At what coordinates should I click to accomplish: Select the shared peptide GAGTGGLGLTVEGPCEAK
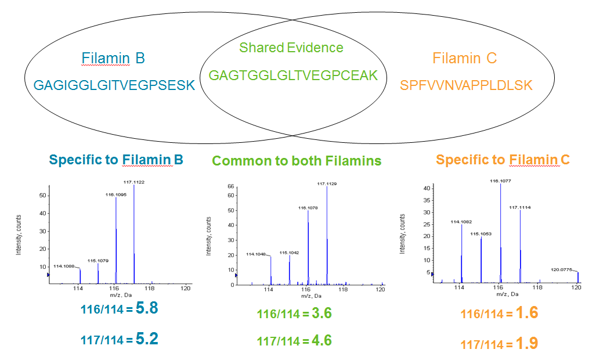tap(293, 75)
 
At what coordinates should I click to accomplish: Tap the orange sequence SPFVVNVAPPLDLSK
tap(466, 85)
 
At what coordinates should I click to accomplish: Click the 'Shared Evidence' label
tap(291, 48)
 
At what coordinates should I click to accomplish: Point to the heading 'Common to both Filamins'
tap(297, 161)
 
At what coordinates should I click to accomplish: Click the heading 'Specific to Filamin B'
tap(116, 160)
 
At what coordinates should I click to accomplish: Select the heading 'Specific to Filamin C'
tap(503, 160)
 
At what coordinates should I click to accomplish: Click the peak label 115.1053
tap(481, 234)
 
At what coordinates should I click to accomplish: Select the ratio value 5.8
tap(146, 308)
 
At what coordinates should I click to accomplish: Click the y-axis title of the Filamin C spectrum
tap(402, 233)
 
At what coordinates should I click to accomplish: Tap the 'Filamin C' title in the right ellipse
tap(464, 59)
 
